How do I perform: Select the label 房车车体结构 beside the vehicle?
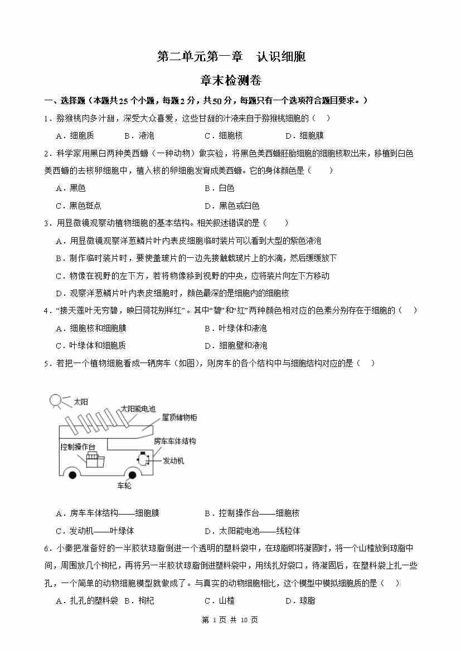click(x=174, y=440)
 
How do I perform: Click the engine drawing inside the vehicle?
click(x=143, y=459)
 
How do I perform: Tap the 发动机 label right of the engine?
click(x=173, y=461)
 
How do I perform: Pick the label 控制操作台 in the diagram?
click(x=77, y=446)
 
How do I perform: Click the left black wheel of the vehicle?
click(x=72, y=475)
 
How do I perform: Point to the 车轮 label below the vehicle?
click(x=124, y=486)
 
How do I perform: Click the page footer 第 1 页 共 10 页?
click(x=230, y=620)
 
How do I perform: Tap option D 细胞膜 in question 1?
click(x=304, y=135)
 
